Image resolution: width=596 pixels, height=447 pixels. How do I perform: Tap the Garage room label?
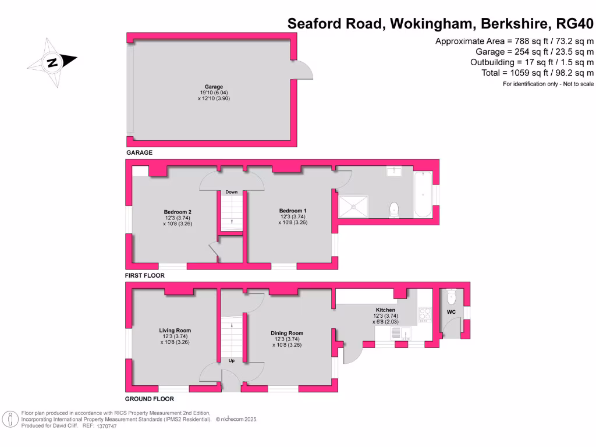pos(214,87)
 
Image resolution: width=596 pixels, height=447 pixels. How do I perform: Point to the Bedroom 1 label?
pos(293,211)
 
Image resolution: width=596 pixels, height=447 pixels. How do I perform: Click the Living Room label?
pos(175,331)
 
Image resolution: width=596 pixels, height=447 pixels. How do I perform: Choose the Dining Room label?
pos(287,334)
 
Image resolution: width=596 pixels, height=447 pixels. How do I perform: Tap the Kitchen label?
pos(385,310)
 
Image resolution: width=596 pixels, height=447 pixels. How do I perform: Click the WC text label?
pos(451,313)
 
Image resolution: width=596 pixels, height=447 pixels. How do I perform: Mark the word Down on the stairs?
pos(232,191)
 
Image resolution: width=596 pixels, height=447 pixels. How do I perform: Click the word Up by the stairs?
pos(231,360)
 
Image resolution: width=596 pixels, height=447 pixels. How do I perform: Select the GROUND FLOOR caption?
pos(150,399)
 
